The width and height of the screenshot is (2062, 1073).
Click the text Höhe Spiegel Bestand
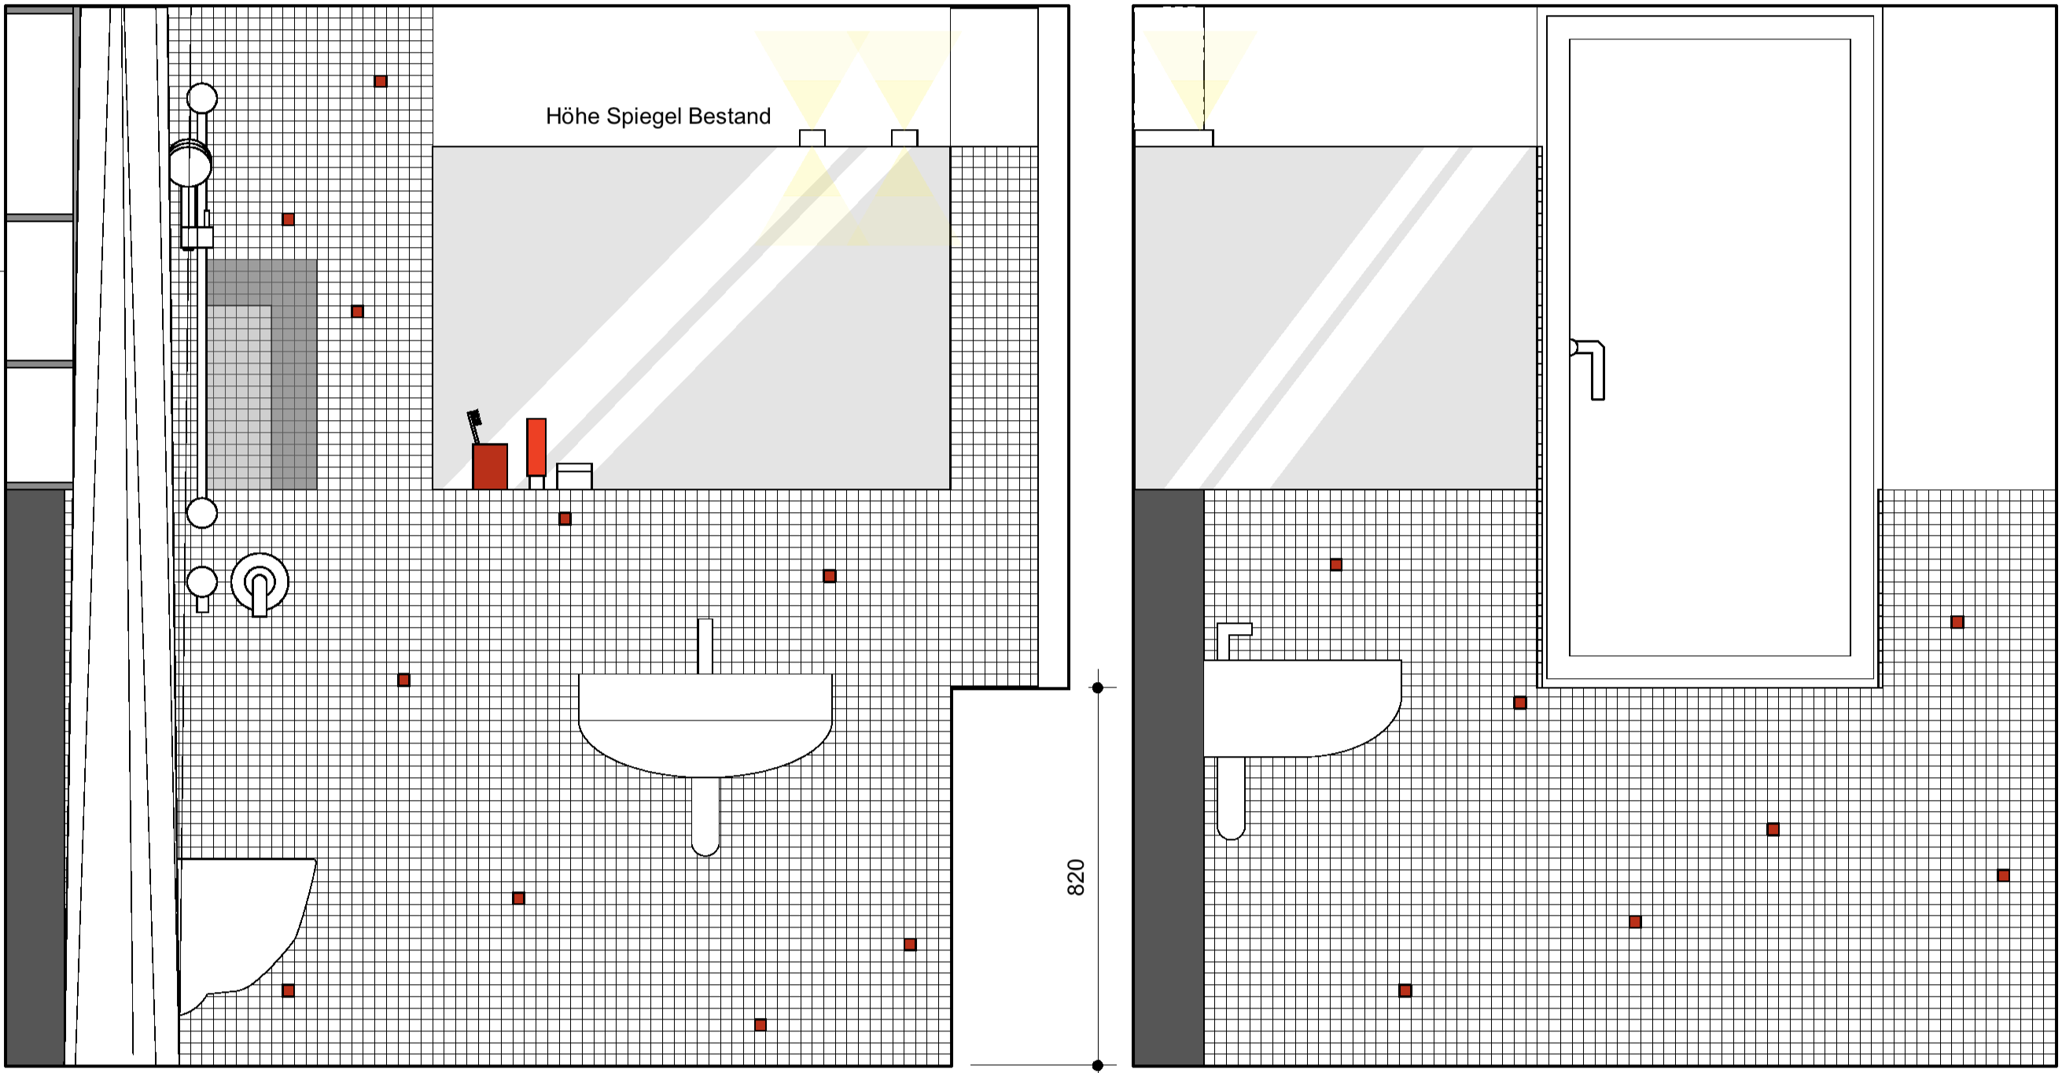(x=658, y=116)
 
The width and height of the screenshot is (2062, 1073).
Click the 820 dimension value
(x=1076, y=877)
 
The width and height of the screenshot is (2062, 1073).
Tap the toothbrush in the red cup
(x=475, y=426)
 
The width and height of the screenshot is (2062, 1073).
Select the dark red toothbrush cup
(x=490, y=466)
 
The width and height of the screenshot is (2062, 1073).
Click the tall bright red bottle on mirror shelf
(x=536, y=447)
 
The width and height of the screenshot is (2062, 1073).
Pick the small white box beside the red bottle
(x=574, y=476)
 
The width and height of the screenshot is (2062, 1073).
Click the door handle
(x=1589, y=369)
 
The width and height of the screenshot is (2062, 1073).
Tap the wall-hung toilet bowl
(x=245, y=934)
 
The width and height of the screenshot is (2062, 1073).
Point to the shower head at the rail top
(x=190, y=164)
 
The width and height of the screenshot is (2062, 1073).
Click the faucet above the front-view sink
(x=705, y=645)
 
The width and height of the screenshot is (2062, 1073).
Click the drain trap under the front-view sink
(x=705, y=815)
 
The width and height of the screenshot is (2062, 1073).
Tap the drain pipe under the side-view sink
(x=1231, y=798)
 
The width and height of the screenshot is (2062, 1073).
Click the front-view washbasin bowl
(x=705, y=725)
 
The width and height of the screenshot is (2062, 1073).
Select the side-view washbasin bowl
(x=1302, y=708)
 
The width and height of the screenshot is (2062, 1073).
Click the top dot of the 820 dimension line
(x=1097, y=688)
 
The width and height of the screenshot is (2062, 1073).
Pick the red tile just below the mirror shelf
(x=565, y=519)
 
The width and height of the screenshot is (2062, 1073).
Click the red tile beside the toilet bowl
(x=288, y=990)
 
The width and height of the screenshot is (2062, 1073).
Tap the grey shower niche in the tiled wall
(x=262, y=374)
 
